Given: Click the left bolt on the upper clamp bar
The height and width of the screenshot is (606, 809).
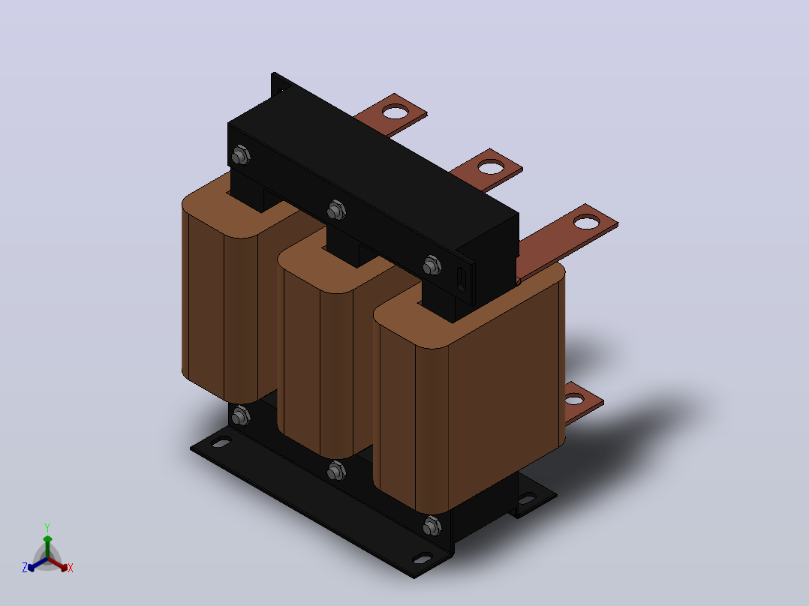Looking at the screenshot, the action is click(240, 154).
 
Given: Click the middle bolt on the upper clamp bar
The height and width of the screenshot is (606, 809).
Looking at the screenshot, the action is click(336, 210).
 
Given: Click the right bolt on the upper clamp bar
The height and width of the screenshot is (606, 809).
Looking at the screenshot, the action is click(432, 265).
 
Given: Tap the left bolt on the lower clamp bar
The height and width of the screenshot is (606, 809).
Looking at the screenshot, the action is click(240, 415).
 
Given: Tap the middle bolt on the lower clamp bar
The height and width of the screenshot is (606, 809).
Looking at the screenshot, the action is click(336, 470).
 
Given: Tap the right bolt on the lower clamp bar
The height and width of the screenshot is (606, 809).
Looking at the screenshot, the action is click(432, 526).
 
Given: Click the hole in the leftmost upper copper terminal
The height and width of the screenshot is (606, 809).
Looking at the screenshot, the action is click(395, 112).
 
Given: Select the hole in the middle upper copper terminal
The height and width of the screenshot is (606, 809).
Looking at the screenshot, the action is click(491, 167).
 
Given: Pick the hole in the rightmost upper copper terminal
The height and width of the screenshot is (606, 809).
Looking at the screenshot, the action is click(587, 223).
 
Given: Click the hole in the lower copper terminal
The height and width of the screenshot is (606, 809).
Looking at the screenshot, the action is click(573, 399).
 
